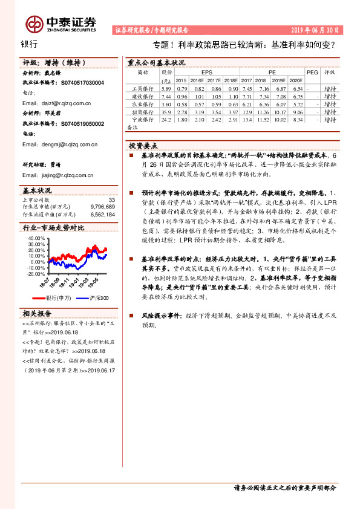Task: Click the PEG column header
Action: pyautogui.click(x=312, y=71)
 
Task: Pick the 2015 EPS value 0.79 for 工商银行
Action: pyautogui.click(x=181, y=88)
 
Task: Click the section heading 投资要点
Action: pyautogui.click(x=143, y=146)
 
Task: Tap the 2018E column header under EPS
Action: pyautogui.click(x=231, y=80)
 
